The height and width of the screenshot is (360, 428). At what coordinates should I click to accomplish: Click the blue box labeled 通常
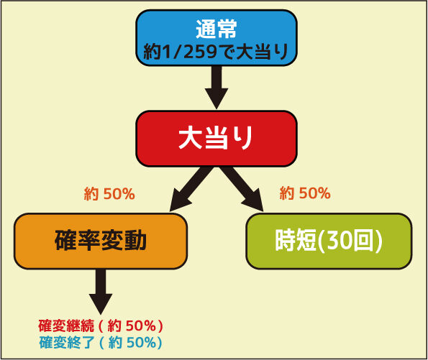pyautogui.click(x=217, y=38)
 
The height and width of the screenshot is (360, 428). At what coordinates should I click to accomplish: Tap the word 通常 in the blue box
pyautogui.click(x=217, y=29)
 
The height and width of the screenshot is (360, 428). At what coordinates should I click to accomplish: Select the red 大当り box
pyautogui.click(x=217, y=139)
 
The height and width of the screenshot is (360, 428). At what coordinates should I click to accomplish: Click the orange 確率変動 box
pyautogui.click(x=101, y=241)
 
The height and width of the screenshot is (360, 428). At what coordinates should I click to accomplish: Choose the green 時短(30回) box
pyautogui.click(x=329, y=241)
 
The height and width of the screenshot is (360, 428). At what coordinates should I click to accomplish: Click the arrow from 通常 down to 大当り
pyautogui.click(x=217, y=88)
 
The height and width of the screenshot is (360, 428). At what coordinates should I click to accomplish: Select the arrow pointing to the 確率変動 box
pyautogui.click(x=191, y=189)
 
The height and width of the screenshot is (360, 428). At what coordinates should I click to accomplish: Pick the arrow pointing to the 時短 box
pyautogui.click(x=242, y=189)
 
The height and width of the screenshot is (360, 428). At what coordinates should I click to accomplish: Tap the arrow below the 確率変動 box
pyautogui.click(x=101, y=292)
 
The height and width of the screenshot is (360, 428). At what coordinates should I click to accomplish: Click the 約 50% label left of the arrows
pyautogui.click(x=109, y=194)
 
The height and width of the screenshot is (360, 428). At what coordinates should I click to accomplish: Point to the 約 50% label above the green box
pyautogui.click(x=305, y=193)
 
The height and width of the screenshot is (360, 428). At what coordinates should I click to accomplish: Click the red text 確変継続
pyautogui.click(x=66, y=326)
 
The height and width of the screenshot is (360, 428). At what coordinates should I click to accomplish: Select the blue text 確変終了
pyautogui.click(x=67, y=343)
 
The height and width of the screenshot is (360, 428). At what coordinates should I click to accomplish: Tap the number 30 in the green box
pyautogui.click(x=337, y=241)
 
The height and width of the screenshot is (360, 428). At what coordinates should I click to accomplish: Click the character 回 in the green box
pyautogui.click(x=362, y=241)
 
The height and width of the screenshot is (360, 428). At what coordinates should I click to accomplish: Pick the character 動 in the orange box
pyautogui.click(x=135, y=241)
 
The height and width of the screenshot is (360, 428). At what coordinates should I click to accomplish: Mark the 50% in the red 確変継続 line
pyautogui.click(x=141, y=326)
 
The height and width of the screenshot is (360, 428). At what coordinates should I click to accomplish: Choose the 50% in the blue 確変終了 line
pyautogui.click(x=142, y=343)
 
